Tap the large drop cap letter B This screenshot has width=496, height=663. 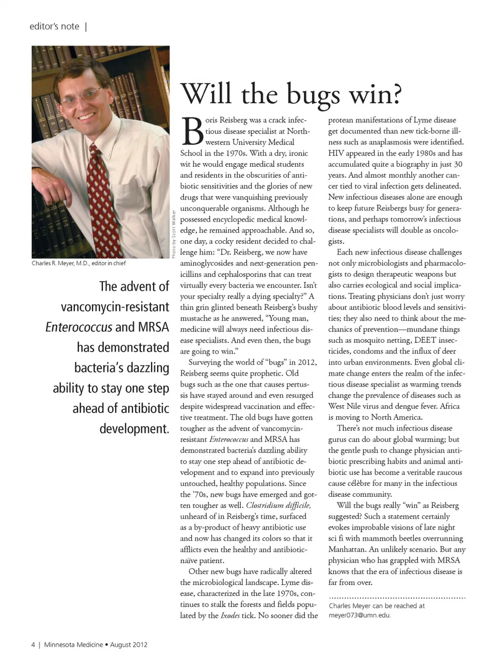pyautogui.click(x=192, y=132)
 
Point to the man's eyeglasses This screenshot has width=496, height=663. pyautogui.click(x=82, y=96)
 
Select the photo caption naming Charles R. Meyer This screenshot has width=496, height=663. pyautogui.click(x=79, y=263)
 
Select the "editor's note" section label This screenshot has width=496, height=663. pyautogui.click(x=54, y=26)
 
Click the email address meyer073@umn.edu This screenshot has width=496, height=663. pyautogui.click(x=360, y=615)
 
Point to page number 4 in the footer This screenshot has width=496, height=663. pyautogui.click(x=34, y=644)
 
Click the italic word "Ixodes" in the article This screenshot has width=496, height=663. pyautogui.click(x=230, y=615)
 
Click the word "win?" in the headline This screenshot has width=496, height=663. pyautogui.click(x=375, y=94)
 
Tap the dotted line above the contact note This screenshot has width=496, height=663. pyautogui.click(x=397, y=597)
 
